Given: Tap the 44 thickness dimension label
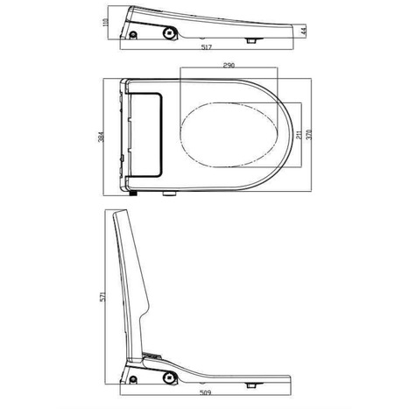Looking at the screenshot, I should click(x=303, y=32).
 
